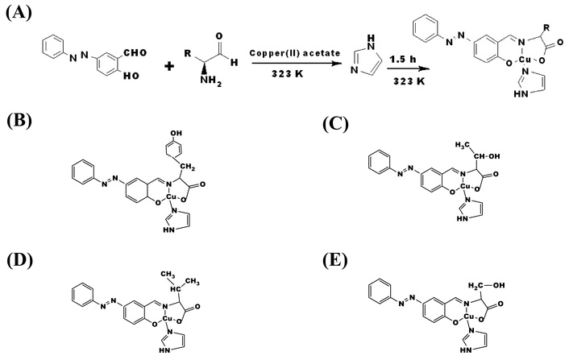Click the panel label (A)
[x=19, y=12]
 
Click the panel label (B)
[x=19, y=122]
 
